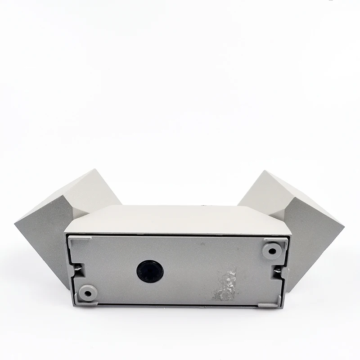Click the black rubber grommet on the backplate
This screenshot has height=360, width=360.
pyautogui.click(x=150, y=271)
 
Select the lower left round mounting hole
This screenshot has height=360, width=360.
pyautogui.click(x=87, y=293)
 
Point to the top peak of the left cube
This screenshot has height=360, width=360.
pyautogui.click(x=96, y=170)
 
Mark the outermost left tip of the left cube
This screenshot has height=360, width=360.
pyautogui.click(x=15, y=222)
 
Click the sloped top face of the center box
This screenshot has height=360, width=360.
pyautogui.click(x=178, y=219)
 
